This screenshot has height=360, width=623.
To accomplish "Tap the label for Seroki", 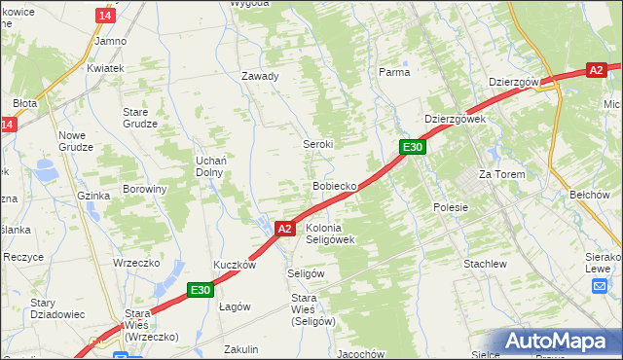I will (x=316, y=143).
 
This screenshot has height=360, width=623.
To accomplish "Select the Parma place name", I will (x=394, y=72).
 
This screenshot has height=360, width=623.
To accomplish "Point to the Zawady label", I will (x=261, y=76).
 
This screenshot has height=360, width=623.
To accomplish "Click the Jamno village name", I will (x=111, y=42).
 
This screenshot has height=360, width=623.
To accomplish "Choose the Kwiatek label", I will (x=105, y=68).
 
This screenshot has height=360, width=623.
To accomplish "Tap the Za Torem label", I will (x=501, y=174).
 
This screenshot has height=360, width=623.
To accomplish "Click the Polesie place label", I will (x=451, y=207).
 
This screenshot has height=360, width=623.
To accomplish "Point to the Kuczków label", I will (x=235, y=265).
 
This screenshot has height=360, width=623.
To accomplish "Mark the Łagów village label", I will (x=235, y=306).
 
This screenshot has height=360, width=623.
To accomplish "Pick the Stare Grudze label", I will (x=141, y=118).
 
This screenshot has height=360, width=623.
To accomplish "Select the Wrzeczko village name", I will (x=136, y=263).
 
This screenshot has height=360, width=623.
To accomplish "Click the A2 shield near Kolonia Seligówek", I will (x=284, y=229).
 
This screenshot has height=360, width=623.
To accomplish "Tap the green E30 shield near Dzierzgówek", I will (x=413, y=147).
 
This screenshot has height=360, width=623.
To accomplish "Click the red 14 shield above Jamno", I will (x=105, y=16).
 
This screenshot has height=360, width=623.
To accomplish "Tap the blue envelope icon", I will (x=600, y=285).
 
